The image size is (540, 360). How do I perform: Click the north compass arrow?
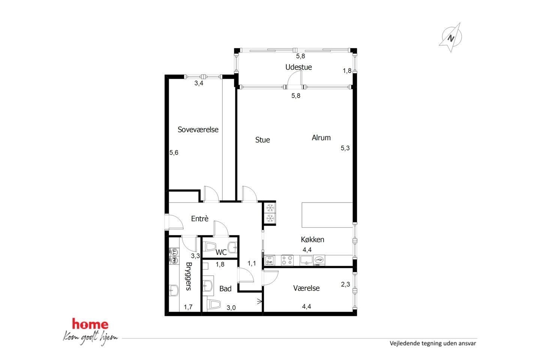450,38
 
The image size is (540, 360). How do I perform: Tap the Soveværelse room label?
198,130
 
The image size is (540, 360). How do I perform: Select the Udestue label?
298,67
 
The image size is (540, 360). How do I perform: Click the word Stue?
262,140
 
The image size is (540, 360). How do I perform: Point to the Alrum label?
321,138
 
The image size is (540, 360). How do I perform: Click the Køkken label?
312,239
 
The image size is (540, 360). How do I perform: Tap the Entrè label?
199,219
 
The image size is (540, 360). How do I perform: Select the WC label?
221,252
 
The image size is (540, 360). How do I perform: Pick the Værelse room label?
306,288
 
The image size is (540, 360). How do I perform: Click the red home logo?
90,324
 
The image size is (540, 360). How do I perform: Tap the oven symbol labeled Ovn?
269,261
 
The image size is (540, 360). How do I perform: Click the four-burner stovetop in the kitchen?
287,260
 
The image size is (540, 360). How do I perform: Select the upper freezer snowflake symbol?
270,208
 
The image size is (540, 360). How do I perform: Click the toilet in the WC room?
210,247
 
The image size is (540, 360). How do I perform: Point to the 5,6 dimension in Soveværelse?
174,153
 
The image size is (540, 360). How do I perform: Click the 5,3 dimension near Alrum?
345,148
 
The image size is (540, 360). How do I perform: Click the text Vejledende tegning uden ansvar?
433,343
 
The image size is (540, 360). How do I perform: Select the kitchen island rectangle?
327,215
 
